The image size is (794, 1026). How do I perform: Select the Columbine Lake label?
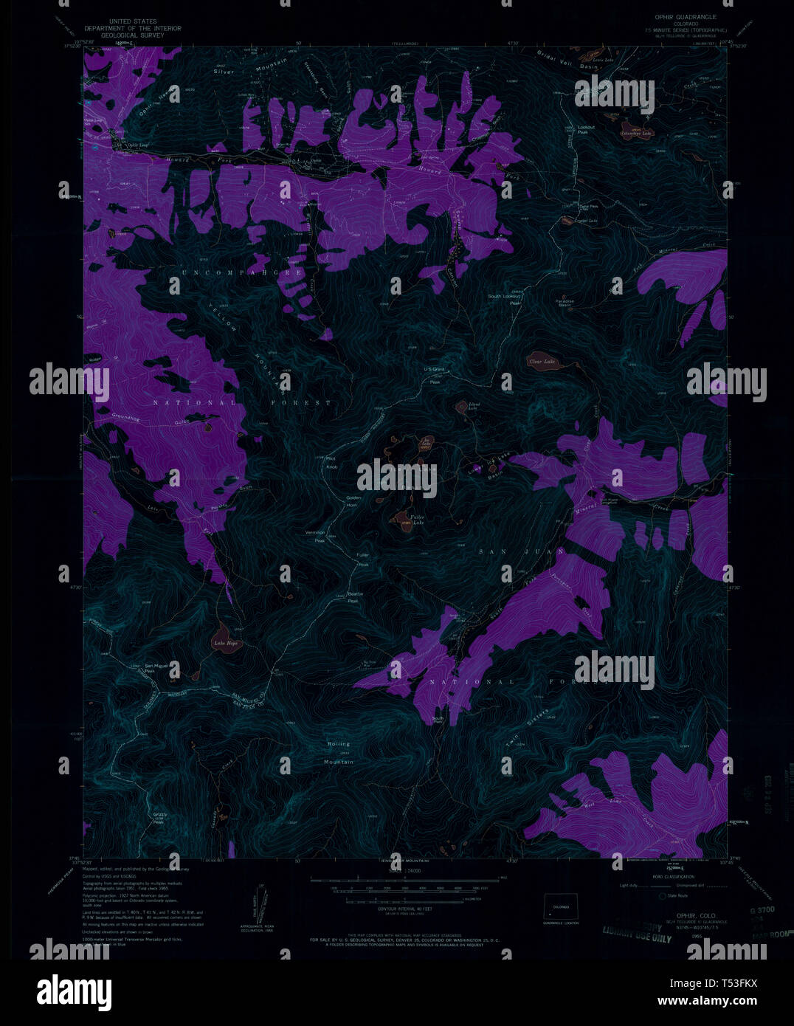pyautogui.click(x=636, y=134)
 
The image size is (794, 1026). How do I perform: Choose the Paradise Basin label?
pyautogui.click(x=565, y=303)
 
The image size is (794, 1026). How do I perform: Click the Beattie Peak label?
pyautogui.click(x=358, y=597)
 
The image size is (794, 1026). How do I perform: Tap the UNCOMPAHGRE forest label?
pyautogui.click(x=242, y=272)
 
